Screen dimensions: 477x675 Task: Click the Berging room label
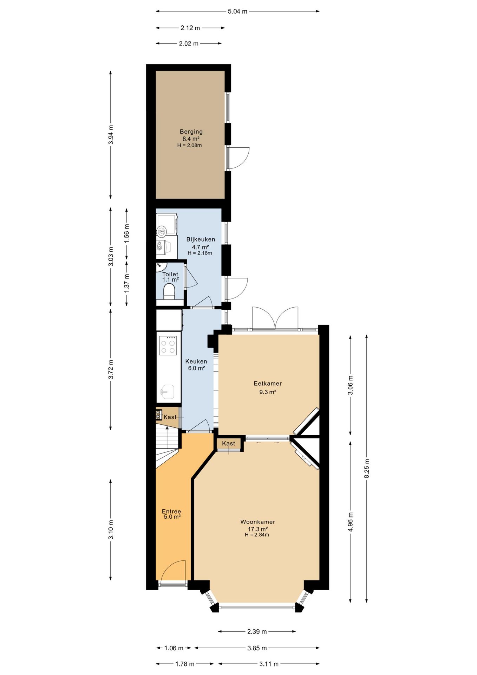(191, 131)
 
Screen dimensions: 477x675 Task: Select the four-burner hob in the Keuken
(168, 346)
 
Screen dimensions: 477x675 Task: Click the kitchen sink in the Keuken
(168, 392)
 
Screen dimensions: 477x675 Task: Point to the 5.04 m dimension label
(237, 11)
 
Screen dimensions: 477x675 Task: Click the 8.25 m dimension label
(367, 468)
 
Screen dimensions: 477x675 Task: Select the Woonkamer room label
(258, 522)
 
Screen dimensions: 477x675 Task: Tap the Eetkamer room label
(268, 384)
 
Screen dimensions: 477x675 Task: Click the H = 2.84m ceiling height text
(257, 535)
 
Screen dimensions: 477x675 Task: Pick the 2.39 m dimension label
(257, 631)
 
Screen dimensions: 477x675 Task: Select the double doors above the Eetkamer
(275, 318)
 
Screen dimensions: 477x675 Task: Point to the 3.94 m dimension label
(111, 135)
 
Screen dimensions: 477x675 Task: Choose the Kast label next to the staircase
(170, 417)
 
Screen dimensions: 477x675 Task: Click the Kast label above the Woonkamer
(229, 443)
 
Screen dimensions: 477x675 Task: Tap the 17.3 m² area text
(258, 529)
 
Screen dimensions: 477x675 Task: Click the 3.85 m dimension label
(257, 648)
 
